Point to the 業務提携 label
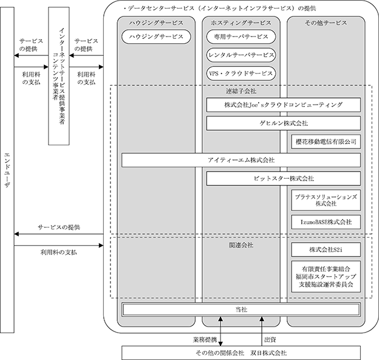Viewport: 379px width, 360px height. [205, 340]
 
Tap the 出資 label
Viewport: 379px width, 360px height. [270, 340]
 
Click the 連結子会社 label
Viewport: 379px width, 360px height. [241, 91]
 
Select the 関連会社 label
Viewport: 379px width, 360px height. [241, 245]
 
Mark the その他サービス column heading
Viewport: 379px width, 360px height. [326, 22]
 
